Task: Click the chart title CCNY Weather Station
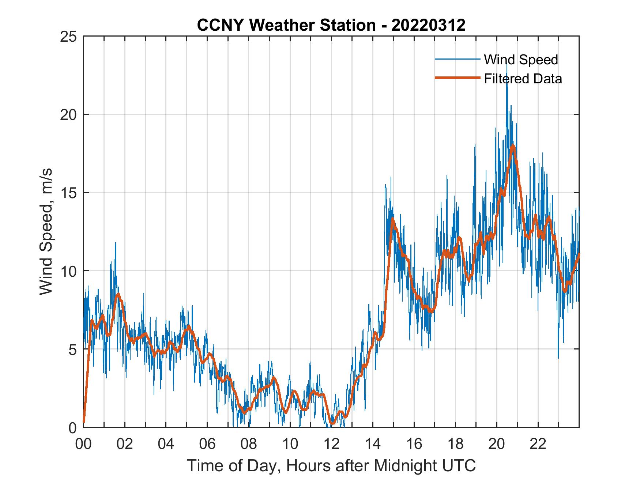pyautogui.click(x=286, y=25)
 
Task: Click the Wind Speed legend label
pyautogui.click(x=521, y=60)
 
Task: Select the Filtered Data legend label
pyautogui.click(x=523, y=79)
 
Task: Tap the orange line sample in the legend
pyautogui.click(x=457, y=78)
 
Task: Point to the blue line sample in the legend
pyautogui.click(x=457, y=59)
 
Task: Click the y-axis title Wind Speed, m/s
pyautogui.click(x=46, y=231)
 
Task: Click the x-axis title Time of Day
pyautogui.click(x=331, y=465)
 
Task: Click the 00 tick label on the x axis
pyautogui.click(x=83, y=444)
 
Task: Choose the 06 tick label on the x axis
pyautogui.click(x=207, y=444)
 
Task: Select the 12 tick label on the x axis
pyautogui.click(x=331, y=444)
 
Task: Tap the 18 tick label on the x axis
pyautogui.click(x=455, y=444)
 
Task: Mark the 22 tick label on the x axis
pyautogui.click(x=538, y=444)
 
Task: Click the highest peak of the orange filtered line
pyautogui.click(x=513, y=146)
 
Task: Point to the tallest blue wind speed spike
pyautogui.click(x=507, y=64)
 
